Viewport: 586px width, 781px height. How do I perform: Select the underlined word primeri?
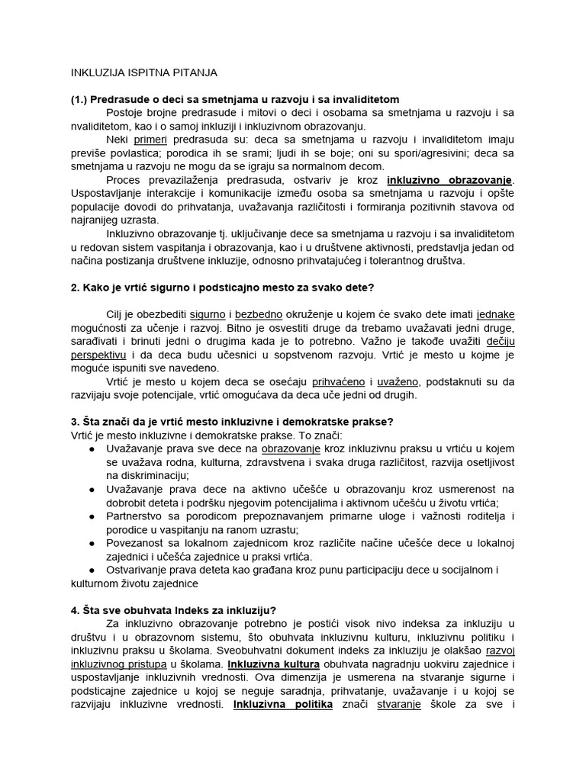[x=150, y=140]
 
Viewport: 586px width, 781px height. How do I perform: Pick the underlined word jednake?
[x=495, y=314]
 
